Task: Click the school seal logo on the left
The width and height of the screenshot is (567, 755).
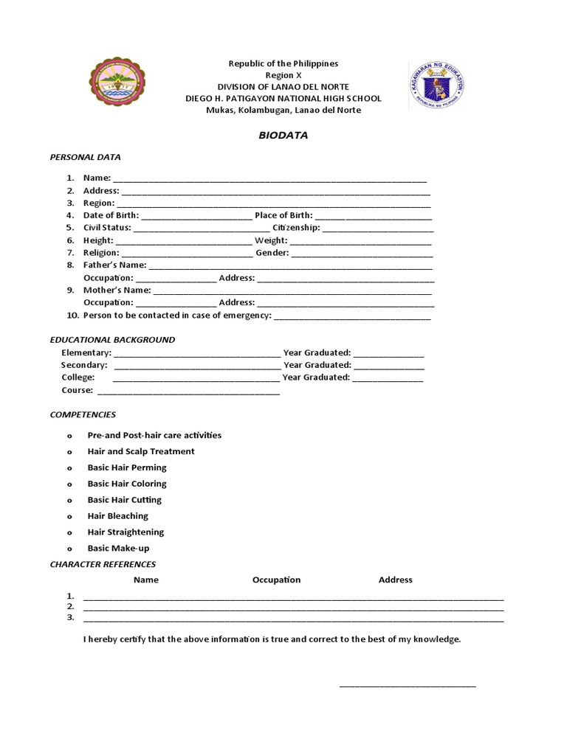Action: tap(117, 82)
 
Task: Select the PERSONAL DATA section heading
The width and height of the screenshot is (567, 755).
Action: tap(85, 157)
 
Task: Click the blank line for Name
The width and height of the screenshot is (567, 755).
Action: tap(269, 180)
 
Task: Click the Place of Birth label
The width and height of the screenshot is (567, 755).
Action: tap(283, 215)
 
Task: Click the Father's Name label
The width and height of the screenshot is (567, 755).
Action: tap(114, 265)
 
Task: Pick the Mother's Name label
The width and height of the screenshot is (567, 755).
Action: tap(117, 290)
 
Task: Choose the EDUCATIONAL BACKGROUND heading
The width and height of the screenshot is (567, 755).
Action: tap(112, 340)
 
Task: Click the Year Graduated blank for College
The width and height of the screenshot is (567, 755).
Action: tap(388, 380)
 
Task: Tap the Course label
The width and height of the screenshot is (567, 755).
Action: tap(78, 390)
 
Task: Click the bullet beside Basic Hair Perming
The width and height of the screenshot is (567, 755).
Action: tap(69, 468)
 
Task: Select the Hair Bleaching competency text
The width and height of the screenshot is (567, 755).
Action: tap(117, 516)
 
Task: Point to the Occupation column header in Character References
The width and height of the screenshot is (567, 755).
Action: tap(276, 580)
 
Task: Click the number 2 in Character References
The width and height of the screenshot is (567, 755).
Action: tap(70, 606)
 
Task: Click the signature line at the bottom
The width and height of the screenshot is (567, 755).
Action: tap(408, 686)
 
